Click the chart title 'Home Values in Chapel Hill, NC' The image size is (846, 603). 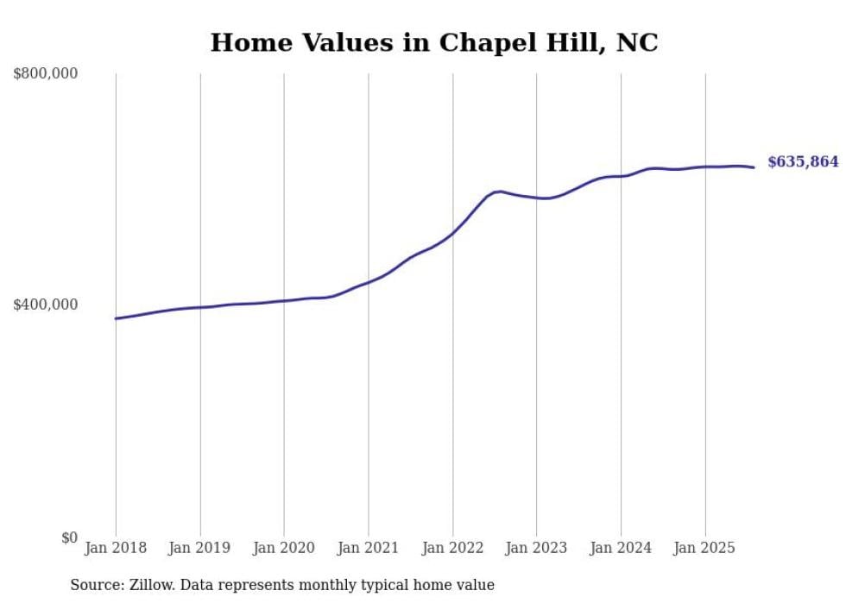[434, 42]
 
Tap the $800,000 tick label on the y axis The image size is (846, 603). [46, 74]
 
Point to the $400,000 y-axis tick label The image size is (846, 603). [46, 305]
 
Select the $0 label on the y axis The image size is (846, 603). [68, 537]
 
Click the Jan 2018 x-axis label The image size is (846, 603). [116, 548]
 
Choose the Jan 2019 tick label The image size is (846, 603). [200, 548]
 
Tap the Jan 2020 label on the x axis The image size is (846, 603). [284, 548]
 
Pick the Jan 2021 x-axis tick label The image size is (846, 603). [369, 548]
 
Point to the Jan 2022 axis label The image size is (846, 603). [452, 548]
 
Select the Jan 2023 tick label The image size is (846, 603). [537, 548]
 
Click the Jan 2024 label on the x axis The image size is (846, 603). [621, 548]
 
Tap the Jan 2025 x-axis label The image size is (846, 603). [705, 548]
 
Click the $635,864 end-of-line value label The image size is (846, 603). [803, 162]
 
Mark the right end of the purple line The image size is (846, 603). [754, 167]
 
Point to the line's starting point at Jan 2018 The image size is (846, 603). [116, 318]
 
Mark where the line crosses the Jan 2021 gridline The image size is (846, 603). [369, 282]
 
